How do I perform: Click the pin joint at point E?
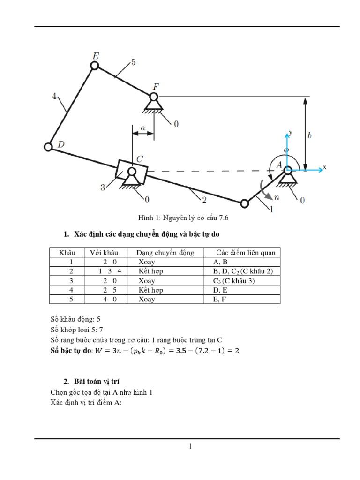coord(95,66)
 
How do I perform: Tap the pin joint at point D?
coord(48,147)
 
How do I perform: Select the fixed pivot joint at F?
coord(153,97)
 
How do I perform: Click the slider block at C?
coord(132,172)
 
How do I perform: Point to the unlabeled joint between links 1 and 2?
coord(244,203)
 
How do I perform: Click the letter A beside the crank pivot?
coord(278,165)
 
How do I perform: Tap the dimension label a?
coord(143,127)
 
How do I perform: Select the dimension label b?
coord(309,135)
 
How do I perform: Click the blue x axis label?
coord(324,167)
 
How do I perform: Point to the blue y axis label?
coord(291,133)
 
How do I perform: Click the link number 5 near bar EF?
coord(133,62)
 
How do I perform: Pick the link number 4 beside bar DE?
coord(55,97)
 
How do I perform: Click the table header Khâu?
coord(67,253)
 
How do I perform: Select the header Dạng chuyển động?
coord(165,253)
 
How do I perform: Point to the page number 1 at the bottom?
coord(191,447)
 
